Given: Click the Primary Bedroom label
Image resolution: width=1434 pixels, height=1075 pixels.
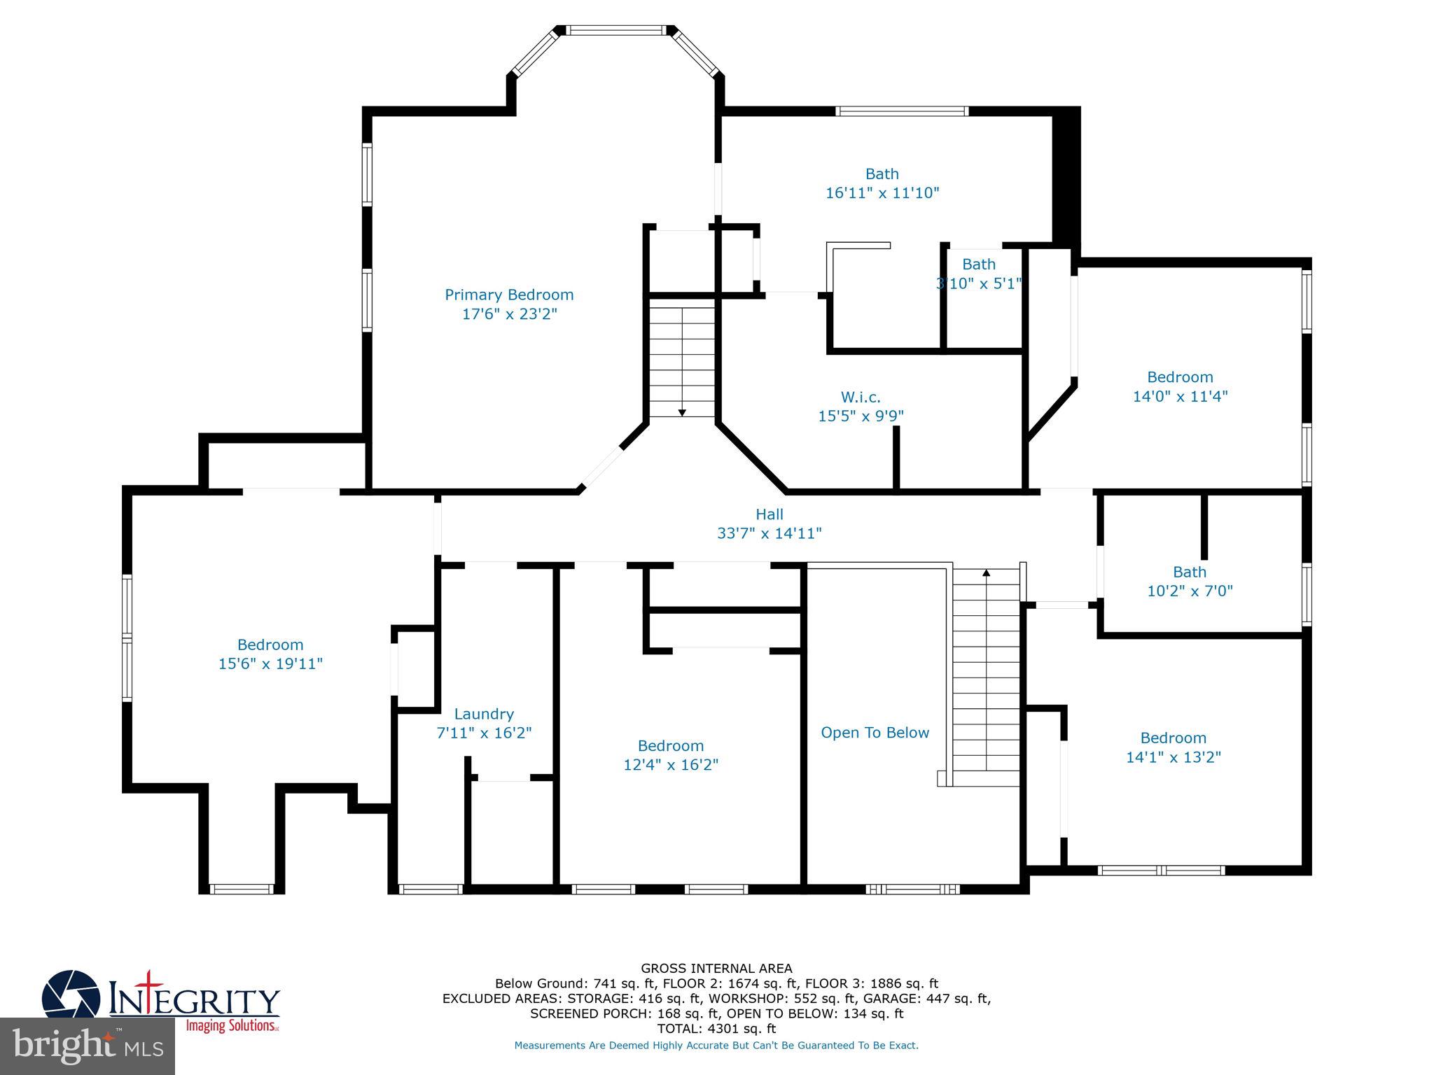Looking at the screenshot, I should (x=509, y=295).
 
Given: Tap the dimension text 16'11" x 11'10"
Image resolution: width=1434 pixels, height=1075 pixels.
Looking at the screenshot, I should (x=882, y=193).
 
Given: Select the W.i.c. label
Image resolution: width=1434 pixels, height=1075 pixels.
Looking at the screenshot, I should (x=861, y=398).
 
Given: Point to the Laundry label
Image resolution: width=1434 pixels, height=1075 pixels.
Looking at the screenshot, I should (x=484, y=714).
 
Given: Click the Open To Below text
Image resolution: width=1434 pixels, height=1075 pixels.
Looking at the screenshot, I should (x=875, y=733).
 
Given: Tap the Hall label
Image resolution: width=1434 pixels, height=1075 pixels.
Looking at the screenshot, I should (x=769, y=514).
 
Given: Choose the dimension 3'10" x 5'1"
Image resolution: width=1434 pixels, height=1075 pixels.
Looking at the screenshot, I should (x=978, y=283).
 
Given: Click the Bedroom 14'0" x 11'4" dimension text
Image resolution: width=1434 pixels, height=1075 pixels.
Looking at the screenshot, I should (x=1180, y=396).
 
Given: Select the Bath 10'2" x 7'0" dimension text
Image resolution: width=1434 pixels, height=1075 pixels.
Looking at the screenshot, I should (x=1189, y=591).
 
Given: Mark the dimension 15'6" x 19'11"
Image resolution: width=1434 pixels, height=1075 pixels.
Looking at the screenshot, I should (x=270, y=663).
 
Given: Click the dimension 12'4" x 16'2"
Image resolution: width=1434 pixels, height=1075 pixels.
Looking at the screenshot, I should (x=671, y=765).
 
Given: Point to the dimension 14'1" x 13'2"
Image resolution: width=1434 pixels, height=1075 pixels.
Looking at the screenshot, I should (x=1173, y=757).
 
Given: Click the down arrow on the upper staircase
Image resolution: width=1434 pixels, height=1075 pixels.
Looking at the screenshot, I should (x=682, y=412).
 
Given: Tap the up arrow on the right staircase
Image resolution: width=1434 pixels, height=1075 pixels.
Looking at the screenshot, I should (x=987, y=573).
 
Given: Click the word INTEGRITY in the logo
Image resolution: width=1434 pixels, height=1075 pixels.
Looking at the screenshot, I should (x=194, y=1001).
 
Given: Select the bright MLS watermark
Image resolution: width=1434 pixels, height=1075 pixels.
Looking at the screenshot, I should (x=88, y=1046).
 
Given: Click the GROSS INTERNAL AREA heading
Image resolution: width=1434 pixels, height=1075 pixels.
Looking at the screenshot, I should (x=716, y=969).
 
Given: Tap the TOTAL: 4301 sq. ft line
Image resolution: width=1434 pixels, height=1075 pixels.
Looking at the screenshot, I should (x=716, y=1029).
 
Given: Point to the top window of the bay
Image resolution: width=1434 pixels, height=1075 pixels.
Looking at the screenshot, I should (x=615, y=30).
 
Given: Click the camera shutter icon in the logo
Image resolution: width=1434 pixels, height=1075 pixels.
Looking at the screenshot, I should (x=70, y=995).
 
